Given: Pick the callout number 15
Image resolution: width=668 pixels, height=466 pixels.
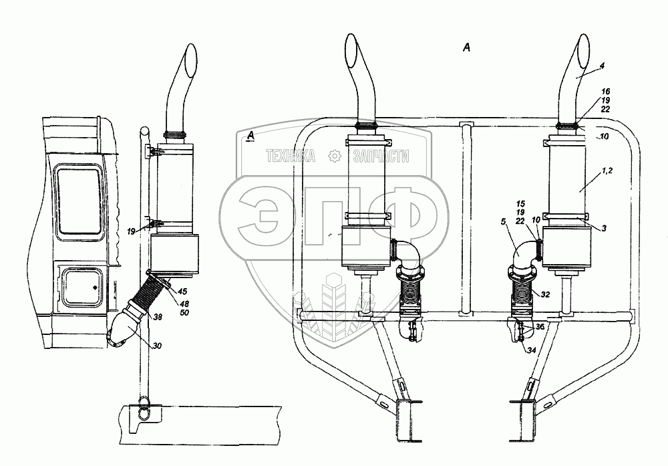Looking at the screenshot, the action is click(521, 202).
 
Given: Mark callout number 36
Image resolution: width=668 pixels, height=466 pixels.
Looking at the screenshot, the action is click(540, 327).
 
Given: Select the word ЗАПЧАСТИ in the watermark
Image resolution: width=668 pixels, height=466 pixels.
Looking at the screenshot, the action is click(381, 158).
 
